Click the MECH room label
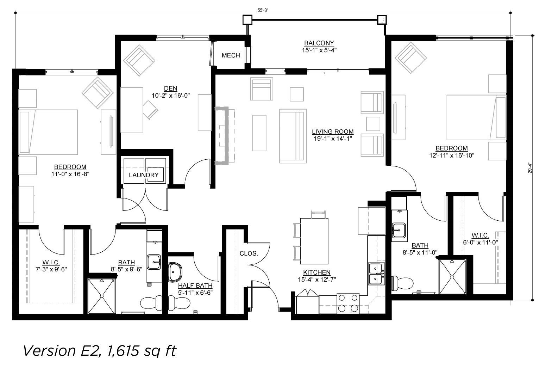click(x=231, y=55)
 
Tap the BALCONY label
click(x=319, y=43)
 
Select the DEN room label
click(x=170, y=88)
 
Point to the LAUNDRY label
click(x=144, y=175)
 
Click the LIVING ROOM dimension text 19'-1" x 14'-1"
click(x=333, y=139)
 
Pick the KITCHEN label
click(x=317, y=272)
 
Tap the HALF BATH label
click(x=195, y=286)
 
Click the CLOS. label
click(x=249, y=253)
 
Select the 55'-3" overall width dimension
click(x=263, y=10)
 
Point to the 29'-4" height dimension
click(x=530, y=168)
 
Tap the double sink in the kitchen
click(x=376, y=274)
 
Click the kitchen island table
click(x=314, y=241)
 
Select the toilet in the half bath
click(x=179, y=303)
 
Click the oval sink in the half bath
click(x=175, y=272)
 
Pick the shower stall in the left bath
click(x=101, y=296)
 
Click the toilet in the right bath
click(x=402, y=283)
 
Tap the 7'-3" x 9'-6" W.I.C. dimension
click(x=51, y=269)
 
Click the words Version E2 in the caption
click(x=62, y=351)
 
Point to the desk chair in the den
click(x=150, y=110)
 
